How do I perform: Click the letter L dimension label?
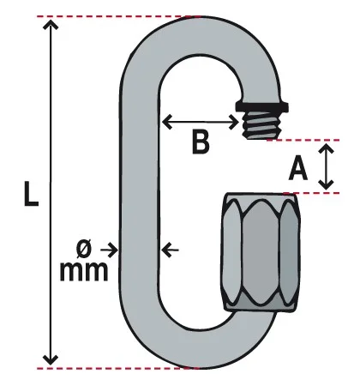31,194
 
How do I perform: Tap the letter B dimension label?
201,142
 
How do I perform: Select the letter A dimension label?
298,168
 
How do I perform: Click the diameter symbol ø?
84,248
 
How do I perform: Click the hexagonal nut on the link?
261,252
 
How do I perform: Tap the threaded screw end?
261,125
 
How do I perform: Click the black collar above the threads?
261,106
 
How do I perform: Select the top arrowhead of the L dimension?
51,25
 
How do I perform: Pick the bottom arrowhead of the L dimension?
51,359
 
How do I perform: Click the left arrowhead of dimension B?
167,122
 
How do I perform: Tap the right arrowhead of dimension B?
234,123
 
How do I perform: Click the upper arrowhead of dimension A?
327,148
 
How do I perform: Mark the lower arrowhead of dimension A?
327,184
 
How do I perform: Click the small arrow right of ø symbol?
109,250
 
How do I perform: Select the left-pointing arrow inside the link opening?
171,250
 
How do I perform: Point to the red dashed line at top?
118,16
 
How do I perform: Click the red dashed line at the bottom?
117,368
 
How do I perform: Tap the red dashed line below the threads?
303,140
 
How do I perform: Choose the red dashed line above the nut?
312,193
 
